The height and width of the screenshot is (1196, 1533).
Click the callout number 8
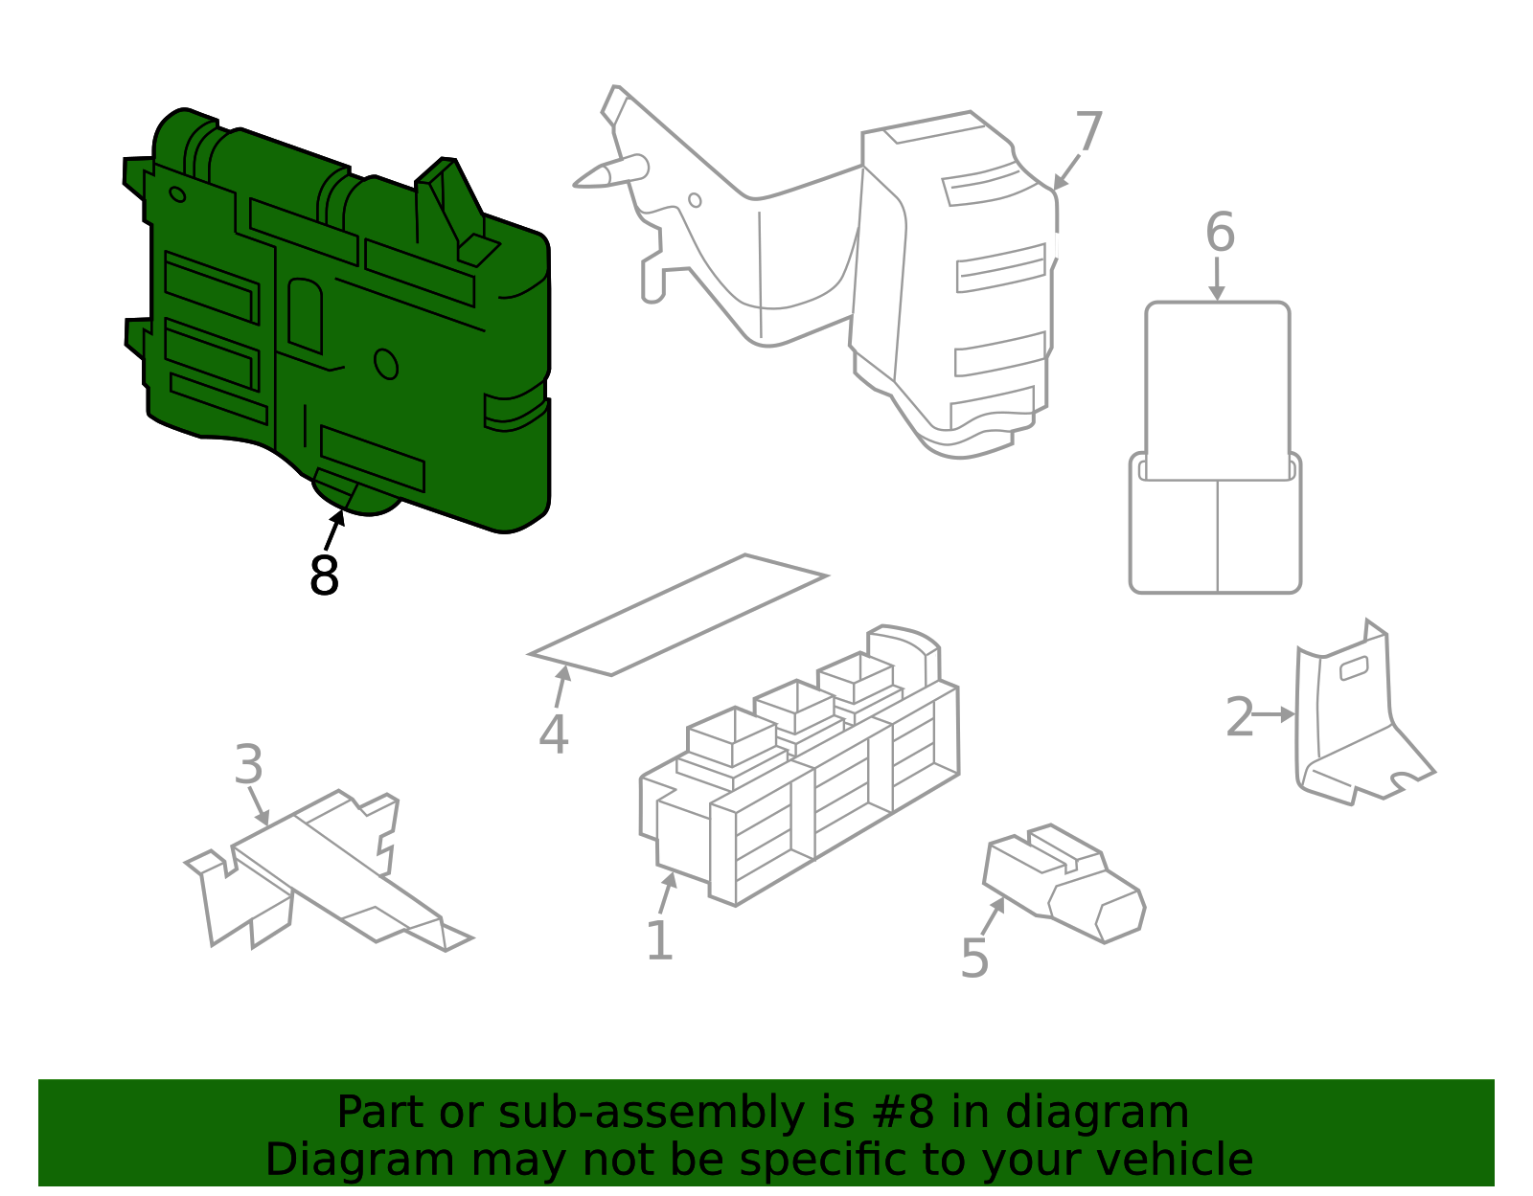pos(324,575)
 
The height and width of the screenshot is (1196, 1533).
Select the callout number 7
pos(1088,132)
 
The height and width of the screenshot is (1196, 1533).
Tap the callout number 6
pos(1220,233)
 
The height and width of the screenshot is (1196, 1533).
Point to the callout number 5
pos(973,959)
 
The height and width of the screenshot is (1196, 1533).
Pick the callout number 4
pos(553,734)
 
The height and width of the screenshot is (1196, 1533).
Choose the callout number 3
pos(248,765)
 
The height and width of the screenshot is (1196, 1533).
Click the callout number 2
pos(1239,717)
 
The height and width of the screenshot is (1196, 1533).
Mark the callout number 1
pos(659,940)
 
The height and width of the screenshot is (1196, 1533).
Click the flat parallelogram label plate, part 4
pos(677,615)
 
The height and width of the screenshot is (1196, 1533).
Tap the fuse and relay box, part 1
pos(800,776)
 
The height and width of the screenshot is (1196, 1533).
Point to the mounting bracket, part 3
pos(326,867)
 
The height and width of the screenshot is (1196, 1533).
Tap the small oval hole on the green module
pos(385,364)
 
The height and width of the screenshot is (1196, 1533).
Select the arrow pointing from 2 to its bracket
pos(1275,714)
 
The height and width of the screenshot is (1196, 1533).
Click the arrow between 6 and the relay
pos(1217,280)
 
